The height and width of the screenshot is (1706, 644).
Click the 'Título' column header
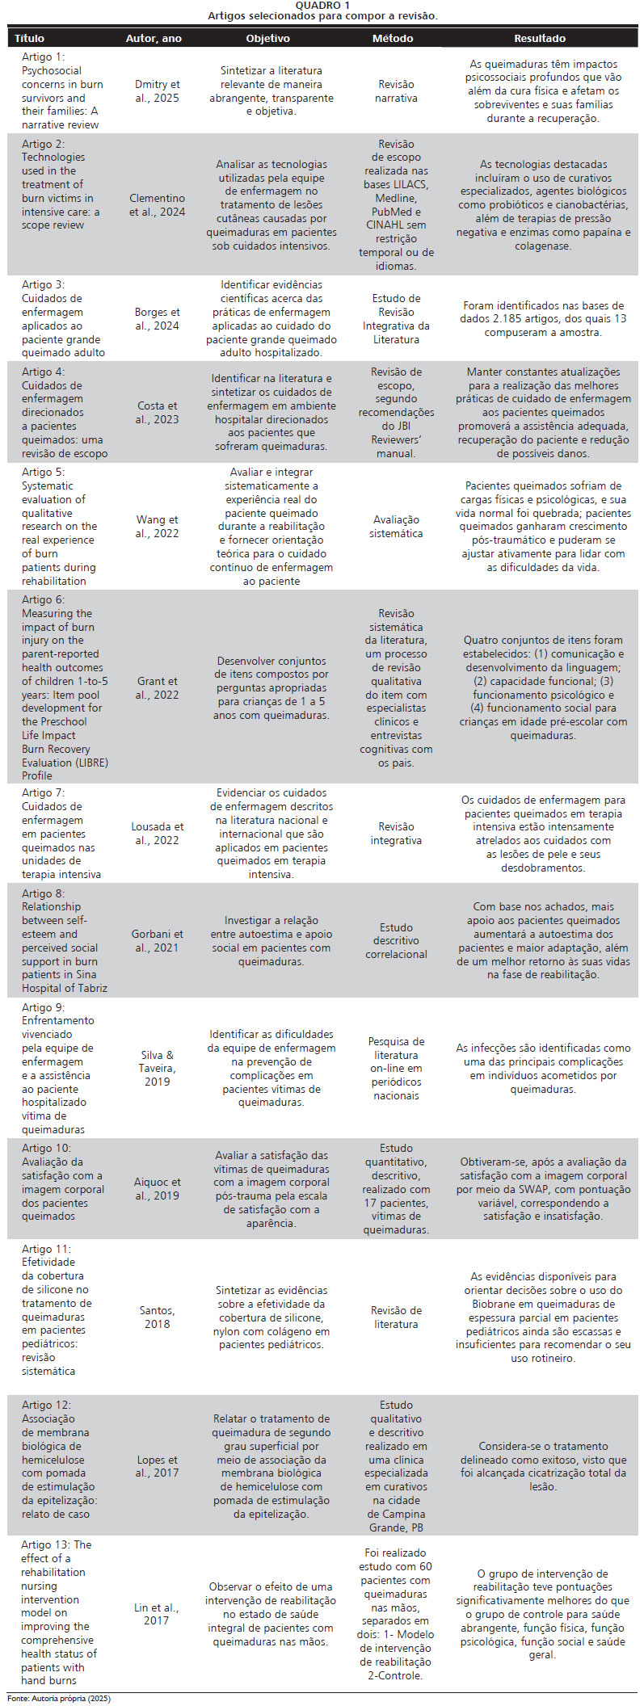[30, 38]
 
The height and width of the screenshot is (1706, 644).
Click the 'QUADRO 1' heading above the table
[322, 5]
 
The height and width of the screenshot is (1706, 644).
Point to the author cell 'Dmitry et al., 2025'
[157, 91]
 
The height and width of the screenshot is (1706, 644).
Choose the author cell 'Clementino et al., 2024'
[157, 205]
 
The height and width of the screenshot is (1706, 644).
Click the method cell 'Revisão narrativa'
[396, 91]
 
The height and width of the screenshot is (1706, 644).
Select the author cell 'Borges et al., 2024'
[157, 319]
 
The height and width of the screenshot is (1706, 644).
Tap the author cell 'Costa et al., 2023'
[157, 413]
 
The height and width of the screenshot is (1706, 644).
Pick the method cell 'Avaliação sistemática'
[396, 527]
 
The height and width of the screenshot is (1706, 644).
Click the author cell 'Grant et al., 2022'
[157, 688]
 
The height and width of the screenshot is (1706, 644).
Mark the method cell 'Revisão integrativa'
[396, 834]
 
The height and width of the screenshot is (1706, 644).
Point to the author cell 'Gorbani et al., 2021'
[157, 941]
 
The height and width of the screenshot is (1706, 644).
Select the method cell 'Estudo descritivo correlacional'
[396, 941]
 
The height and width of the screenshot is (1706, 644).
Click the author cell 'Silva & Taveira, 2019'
[157, 1068]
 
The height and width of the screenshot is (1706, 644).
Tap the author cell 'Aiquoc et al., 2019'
[157, 1189]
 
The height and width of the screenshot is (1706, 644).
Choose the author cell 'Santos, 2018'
[157, 1317]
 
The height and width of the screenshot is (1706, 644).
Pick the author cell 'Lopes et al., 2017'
[157, 1466]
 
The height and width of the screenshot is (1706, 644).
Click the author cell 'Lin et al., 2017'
[157, 1614]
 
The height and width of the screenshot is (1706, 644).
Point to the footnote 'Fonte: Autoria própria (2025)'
[59, 1699]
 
